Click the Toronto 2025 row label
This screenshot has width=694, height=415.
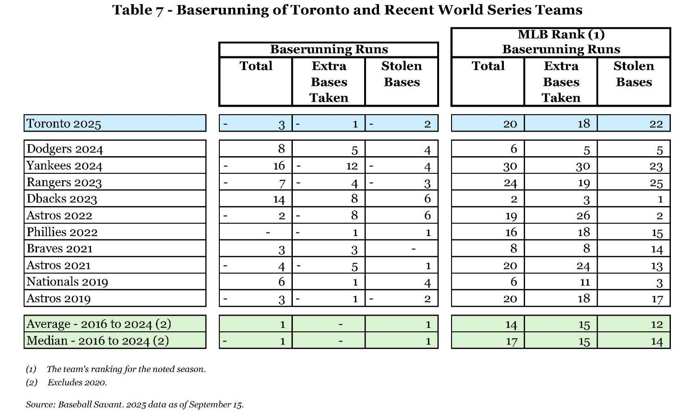coord(64,123)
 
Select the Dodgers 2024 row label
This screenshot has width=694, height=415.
coord(65,149)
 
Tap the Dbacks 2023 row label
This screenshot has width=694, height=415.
coord(62,199)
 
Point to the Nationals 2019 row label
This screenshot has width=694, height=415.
coord(67,281)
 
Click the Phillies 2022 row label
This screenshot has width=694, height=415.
coord(62,232)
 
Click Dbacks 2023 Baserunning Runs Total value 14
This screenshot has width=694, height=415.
coord(279,199)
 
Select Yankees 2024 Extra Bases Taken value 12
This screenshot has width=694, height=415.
coord(352,166)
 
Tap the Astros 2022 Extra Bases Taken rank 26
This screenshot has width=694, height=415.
coord(583,215)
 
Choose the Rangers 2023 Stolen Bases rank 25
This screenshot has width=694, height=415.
coord(656,183)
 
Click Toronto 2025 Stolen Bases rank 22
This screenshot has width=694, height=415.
coord(656,123)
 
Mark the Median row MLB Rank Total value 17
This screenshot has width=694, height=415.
coord(511,341)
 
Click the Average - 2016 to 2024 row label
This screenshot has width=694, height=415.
coord(99,324)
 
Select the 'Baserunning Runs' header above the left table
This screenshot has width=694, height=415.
coord(329,49)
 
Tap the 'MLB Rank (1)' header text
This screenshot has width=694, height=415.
coord(561,34)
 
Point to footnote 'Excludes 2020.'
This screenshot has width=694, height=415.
coord(77,382)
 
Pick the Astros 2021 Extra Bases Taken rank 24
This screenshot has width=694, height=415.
coord(583,265)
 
